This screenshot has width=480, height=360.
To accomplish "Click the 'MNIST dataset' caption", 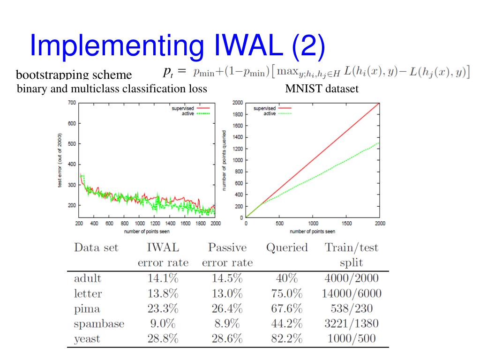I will point(322,89).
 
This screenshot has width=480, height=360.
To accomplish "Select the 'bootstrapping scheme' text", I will point(74,75).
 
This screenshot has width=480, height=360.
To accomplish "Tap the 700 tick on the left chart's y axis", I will point(72,103).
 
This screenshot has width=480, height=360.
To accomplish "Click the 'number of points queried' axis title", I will point(225,160).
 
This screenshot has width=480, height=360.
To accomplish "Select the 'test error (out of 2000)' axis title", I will point(60,160).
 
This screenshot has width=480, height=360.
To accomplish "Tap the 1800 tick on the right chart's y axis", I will point(238,114).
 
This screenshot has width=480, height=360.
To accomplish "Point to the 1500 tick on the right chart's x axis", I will point(346,224).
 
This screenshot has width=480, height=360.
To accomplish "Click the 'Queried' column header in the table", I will point(286,247).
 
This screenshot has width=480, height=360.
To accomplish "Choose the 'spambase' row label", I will point(99,323).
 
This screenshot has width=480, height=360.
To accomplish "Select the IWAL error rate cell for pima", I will point(163,308).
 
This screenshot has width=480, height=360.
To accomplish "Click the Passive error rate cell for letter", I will point(227,293).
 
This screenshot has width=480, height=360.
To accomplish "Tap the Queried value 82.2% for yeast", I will point(286,338).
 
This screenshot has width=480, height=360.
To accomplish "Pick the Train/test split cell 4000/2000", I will point(351,278).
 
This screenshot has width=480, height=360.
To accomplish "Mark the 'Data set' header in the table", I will point(96,247).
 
